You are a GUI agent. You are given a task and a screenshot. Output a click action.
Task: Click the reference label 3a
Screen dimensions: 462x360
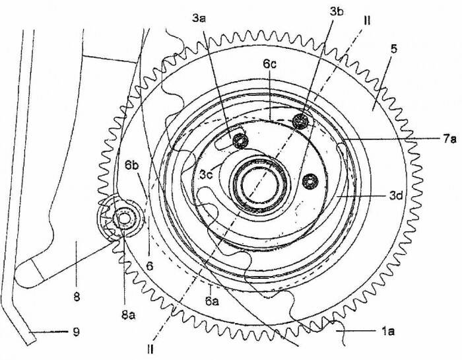coord(199,18)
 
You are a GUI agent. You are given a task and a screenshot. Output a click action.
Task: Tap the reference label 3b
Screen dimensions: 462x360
coord(337,12)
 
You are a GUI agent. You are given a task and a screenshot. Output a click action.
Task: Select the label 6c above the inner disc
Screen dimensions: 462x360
coord(270,64)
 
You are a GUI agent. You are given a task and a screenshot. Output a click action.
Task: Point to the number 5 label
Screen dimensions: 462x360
coord(394,49)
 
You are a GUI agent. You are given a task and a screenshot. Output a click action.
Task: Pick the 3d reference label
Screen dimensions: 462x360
coord(396,196)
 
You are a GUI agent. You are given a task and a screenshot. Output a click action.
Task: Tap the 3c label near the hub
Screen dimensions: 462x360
coord(206,174)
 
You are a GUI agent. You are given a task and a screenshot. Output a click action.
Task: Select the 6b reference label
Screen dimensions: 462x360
coord(131,165)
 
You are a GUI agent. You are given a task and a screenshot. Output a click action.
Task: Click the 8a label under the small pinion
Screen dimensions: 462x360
coord(128,315)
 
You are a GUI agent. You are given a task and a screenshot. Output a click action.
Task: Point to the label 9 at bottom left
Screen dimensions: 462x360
coord(76,332)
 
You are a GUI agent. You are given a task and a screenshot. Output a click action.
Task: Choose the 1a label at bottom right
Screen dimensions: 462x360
coord(388,332)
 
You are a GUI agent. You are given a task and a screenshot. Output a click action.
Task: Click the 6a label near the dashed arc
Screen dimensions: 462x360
coord(212,301)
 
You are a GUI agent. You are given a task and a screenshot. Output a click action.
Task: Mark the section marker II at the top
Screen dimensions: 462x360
coord(367,21)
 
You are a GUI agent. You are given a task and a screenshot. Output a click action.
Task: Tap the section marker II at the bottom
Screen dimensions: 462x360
coord(150,349)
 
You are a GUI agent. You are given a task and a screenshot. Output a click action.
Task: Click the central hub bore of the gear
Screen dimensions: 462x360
coord(259,185)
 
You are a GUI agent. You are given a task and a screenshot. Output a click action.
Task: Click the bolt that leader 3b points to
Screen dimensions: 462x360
coord(300,120)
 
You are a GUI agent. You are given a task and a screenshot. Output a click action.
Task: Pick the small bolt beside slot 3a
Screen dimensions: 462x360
coord(240,140)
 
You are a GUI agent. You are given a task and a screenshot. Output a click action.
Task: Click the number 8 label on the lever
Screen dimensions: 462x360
coord(77,297)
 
